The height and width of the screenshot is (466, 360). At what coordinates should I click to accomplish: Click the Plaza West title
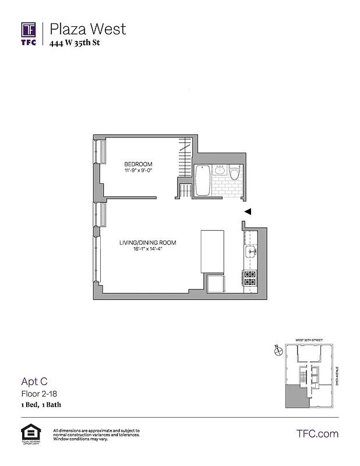87,29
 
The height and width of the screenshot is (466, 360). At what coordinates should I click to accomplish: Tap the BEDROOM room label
138,164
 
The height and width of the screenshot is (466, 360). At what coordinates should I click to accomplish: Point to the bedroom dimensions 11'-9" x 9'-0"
138,171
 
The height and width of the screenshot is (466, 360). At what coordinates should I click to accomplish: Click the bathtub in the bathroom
203,181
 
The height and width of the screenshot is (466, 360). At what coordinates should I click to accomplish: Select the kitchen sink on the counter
250,252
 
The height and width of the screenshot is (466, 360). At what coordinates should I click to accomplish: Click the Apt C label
34,382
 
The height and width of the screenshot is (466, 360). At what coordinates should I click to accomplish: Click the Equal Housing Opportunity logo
29,433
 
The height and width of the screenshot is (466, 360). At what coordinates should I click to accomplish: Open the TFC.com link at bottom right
317,433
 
